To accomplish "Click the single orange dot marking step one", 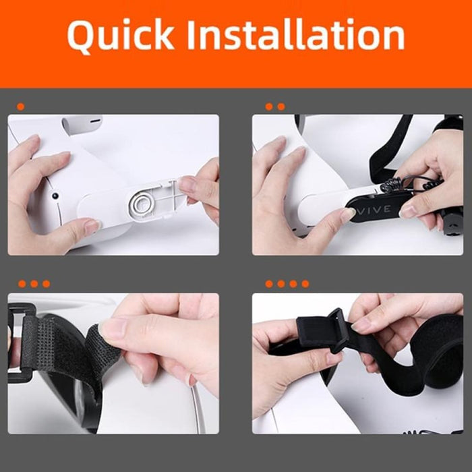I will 21,107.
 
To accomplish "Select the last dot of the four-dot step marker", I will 305,284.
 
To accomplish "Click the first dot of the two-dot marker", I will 269,107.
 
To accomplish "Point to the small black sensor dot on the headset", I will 54,196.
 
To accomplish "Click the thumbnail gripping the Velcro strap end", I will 113,328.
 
